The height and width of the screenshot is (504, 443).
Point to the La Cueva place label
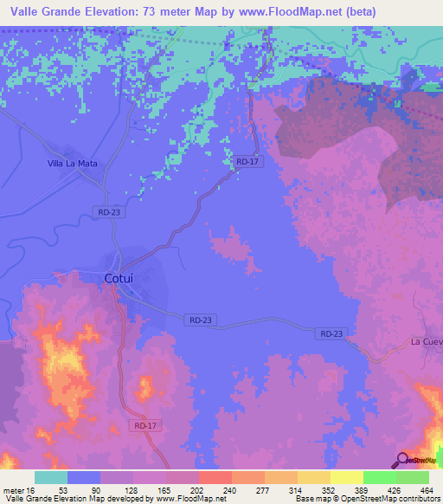(427, 341)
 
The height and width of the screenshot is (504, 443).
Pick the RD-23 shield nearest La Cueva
(332, 333)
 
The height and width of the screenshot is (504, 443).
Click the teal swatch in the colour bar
(51, 477)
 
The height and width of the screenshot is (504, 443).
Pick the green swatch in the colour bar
(413, 477)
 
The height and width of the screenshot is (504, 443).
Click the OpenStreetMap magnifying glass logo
(401, 460)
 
